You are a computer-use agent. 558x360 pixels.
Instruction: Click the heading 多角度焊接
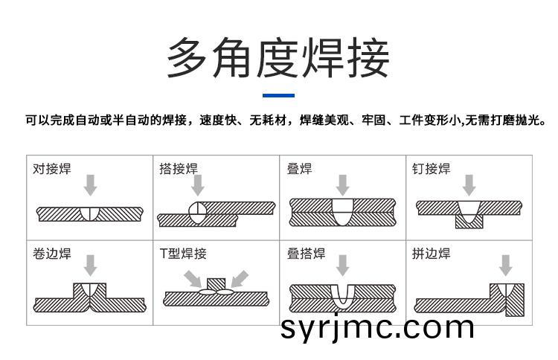point(278,57)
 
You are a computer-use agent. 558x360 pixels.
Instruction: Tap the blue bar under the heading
point(278,95)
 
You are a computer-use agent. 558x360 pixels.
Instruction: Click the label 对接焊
point(52,169)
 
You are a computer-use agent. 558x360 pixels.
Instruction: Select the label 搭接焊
point(179,169)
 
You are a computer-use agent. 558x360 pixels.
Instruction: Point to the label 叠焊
point(299,169)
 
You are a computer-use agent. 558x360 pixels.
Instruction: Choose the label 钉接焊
point(432,169)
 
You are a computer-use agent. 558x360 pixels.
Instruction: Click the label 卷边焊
point(52,254)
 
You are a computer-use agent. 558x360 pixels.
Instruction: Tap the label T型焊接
point(183,254)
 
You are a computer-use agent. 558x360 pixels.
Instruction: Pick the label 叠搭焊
point(306,254)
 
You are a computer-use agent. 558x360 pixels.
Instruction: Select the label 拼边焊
point(432,254)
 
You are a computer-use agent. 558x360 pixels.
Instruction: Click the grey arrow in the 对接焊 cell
point(90,185)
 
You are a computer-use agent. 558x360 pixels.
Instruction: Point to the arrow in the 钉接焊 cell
point(469,185)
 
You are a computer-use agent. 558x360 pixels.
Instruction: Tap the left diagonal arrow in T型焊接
point(193,278)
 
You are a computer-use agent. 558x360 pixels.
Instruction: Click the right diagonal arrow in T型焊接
point(240,278)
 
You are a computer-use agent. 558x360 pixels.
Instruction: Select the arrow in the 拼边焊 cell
point(505,266)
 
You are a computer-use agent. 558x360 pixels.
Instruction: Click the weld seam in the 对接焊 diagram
point(90,213)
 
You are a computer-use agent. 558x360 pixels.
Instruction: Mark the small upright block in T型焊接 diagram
point(216,285)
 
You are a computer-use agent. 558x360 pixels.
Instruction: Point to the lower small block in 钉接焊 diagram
point(469,222)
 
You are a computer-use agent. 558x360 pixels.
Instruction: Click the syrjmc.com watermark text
point(377,327)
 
